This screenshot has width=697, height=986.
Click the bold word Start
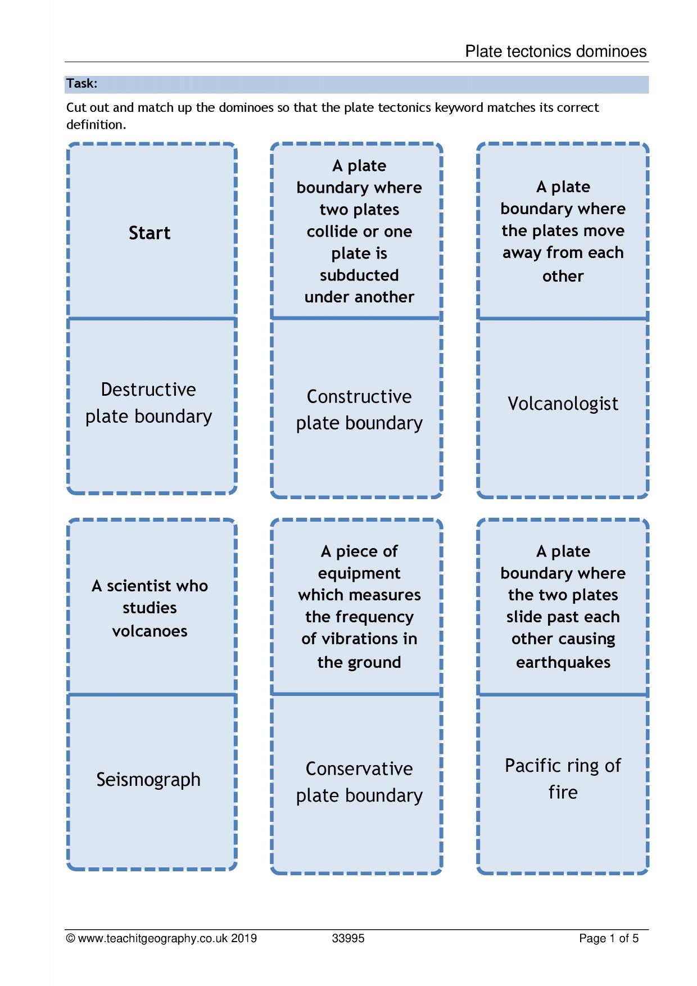(150, 233)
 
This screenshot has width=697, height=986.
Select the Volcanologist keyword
(563, 404)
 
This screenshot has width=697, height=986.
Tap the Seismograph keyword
(148, 780)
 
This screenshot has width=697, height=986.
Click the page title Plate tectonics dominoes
(556, 52)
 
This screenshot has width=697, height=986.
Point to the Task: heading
(82, 84)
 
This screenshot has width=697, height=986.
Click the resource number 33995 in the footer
(348, 938)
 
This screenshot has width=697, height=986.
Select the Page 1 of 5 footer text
(609, 938)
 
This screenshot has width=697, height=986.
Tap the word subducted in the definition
(359, 275)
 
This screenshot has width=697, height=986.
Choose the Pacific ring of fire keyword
(563, 779)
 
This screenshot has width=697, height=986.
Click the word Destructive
(148, 390)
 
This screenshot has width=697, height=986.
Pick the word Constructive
(359, 397)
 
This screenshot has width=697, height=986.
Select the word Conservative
(359, 768)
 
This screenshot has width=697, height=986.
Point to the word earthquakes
(563, 662)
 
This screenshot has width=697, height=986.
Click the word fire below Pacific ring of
(563, 792)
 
